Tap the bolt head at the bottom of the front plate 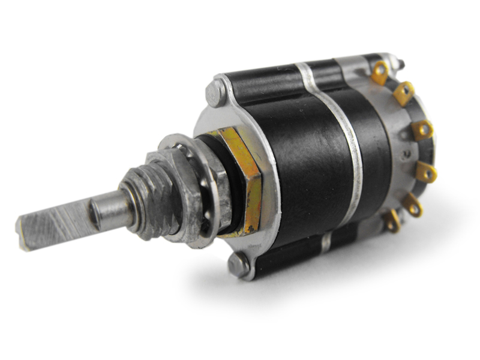click(239, 265)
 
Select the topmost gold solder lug click(380, 73)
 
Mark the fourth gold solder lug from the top click(426, 172)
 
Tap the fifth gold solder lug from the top click(413, 205)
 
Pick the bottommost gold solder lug click(392, 221)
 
